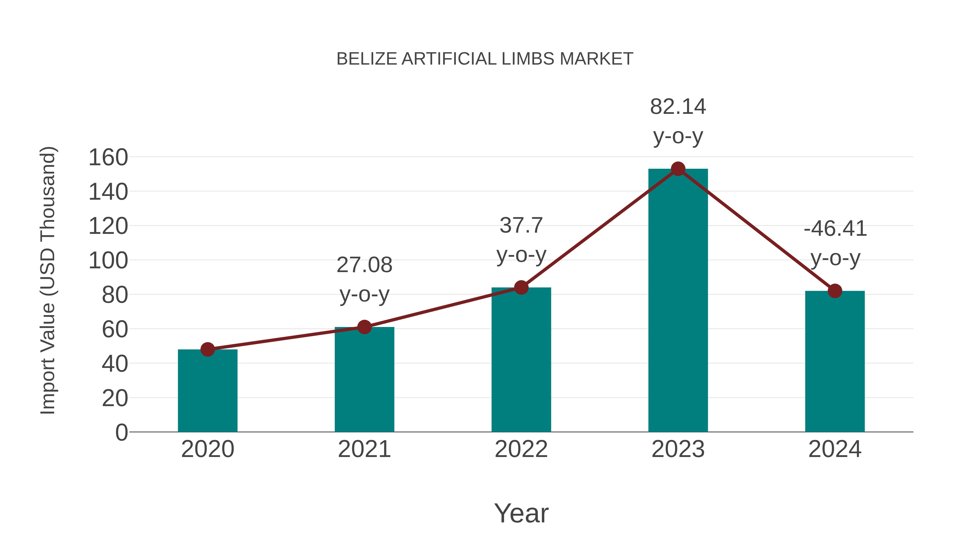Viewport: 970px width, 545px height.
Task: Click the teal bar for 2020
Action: click(x=207, y=391)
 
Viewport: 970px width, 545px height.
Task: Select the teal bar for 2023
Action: click(x=678, y=301)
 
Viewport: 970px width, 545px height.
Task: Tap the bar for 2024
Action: click(x=835, y=361)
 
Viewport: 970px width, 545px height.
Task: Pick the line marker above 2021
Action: click(x=364, y=327)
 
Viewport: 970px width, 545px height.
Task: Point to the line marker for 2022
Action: click(x=521, y=287)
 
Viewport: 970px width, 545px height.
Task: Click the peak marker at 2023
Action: click(x=678, y=169)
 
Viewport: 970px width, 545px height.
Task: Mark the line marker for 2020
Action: click(x=207, y=349)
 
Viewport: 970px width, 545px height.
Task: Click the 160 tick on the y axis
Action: click(x=108, y=158)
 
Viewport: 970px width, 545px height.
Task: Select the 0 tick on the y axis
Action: click(x=121, y=432)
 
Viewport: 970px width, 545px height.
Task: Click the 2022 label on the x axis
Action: click(x=521, y=449)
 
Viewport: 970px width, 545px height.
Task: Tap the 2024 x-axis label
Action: click(x=835, y=449)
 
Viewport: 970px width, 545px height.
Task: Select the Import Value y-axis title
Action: click(x=48, y=280)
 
